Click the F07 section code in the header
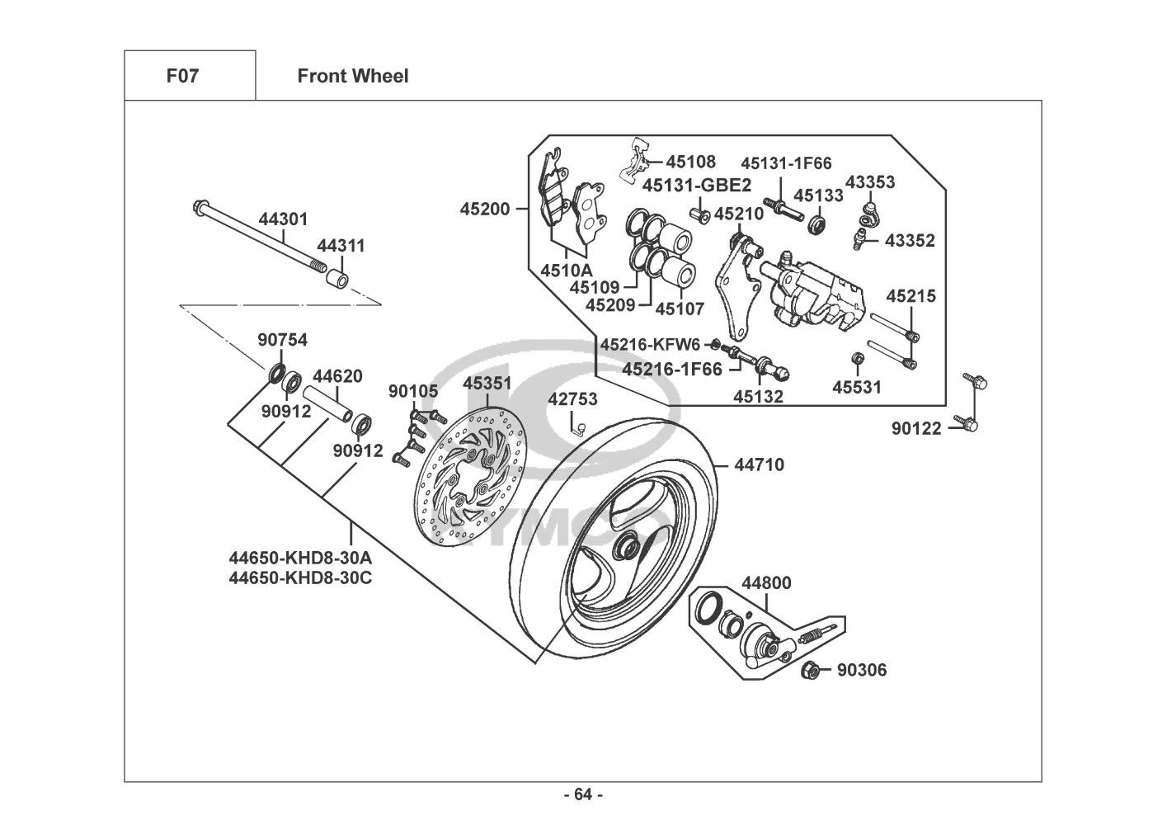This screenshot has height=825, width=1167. point(182,77)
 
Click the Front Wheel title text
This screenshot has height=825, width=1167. point(352,77)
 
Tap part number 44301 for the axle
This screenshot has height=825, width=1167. point(283,219)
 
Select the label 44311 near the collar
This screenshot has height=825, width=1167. point(341,246)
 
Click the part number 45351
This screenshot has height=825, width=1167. point(487,384)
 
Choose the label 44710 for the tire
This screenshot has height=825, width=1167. point(760,465)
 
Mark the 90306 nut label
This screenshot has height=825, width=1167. point(862,671)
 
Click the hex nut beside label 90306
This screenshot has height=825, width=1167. point(811,671)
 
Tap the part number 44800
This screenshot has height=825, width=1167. point(766,583)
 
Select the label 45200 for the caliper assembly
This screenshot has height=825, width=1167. point(485,210)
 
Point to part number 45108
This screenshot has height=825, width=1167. point(691,162)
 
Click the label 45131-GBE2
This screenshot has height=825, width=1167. point(697,185)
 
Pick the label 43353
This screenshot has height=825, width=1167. point(870,182)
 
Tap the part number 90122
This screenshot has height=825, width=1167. point(916,429)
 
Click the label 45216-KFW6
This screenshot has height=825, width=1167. point(650,344)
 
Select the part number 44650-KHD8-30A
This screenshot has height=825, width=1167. point(300,559)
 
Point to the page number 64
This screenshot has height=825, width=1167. point(583,795)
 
